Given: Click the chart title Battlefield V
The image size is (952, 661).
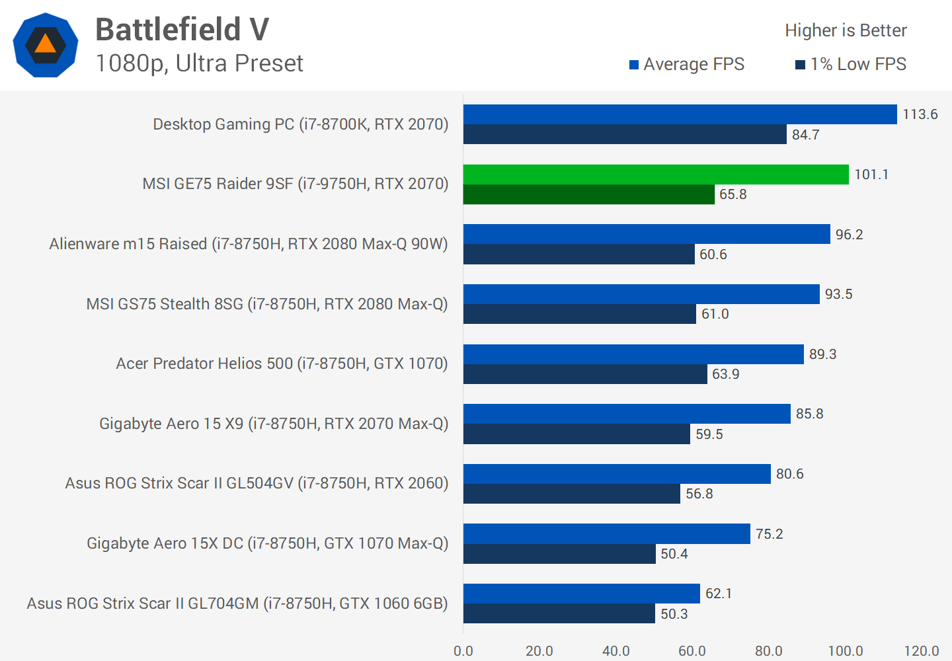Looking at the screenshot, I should [x=182, y=30].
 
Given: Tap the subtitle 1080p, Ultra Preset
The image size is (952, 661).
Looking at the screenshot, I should [x=199, y=63].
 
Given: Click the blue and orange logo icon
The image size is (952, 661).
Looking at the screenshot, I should [x=46, y=45].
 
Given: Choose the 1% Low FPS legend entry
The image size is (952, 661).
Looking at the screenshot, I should [x=851, y=64].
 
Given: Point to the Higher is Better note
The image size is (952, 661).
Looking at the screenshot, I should [x=846, y=30].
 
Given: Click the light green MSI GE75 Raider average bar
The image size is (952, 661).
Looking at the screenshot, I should [x=656, y=175].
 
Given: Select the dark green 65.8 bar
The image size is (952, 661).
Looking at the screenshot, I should [x=588, y=194].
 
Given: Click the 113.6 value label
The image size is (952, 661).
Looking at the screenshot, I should [x=920, y=114].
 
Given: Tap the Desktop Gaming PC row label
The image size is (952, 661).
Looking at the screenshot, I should [x=301, y=124].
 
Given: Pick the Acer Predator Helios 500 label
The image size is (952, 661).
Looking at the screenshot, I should [x=282, y=364].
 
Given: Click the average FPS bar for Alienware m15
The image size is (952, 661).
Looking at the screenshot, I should [x=647, y=234].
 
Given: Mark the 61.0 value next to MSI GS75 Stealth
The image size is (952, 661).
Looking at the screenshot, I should [x=715, y=314].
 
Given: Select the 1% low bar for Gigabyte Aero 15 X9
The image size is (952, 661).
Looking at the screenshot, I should [x=576, y=434].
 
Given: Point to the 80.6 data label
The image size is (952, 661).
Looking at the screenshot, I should [x=789, y=474].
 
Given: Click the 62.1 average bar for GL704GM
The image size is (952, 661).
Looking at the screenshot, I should [x=582, y=594].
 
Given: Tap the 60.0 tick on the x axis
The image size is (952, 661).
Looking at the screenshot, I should [x=692, y=651].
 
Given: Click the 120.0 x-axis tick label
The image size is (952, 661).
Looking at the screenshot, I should [x=922, y=651].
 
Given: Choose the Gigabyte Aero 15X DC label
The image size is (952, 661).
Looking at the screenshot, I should [x=268, y=543].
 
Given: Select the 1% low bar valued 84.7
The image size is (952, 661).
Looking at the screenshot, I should [x=625, y=134].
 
